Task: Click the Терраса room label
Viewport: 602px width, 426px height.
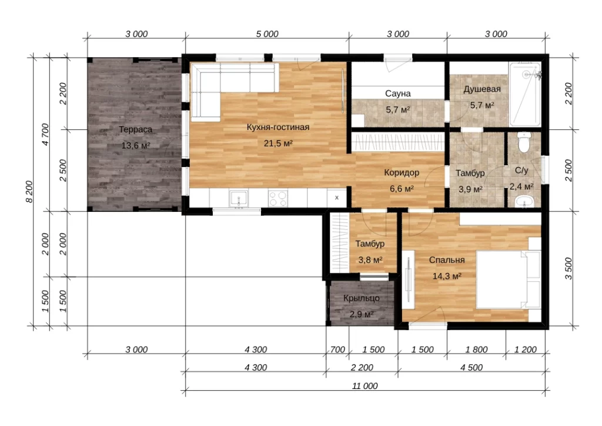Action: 136,129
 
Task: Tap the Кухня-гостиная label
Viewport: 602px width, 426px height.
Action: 278,127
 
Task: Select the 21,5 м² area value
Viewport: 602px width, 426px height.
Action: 278,144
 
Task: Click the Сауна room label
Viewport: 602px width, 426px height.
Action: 398,94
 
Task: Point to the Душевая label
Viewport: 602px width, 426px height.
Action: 482,89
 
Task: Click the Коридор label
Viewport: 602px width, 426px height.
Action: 402,172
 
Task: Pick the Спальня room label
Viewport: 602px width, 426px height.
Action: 447,260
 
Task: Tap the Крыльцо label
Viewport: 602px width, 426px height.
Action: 362,298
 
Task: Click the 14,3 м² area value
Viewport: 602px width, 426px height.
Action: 447,276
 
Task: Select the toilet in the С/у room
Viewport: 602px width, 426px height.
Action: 524,142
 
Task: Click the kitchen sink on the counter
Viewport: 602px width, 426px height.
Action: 239,198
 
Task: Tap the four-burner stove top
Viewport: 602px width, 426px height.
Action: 278,198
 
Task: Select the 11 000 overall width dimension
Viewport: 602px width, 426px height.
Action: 364,385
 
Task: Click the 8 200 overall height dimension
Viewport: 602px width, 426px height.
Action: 29,192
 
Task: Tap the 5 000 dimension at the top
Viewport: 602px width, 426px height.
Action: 267,34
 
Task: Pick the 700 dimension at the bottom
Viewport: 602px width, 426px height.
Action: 337,350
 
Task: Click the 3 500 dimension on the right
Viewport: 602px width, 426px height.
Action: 568,268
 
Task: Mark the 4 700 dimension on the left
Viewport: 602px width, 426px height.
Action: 45,134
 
